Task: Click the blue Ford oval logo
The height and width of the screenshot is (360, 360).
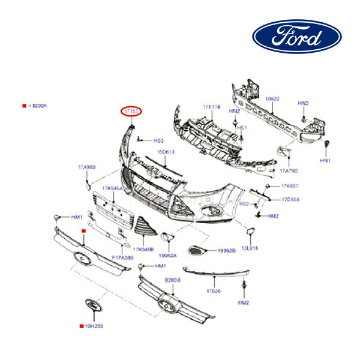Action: pyautogui.click(x=297, y=37)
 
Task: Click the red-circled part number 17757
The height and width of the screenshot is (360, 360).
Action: pyautogui.click(x=131, y=112)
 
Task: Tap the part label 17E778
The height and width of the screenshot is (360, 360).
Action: pyautogui.click(x=212, y=107)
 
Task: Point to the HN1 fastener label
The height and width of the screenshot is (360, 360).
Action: pyautogui.click(x=325, y=161)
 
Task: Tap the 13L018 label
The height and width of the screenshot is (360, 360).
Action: pyautogui.click(x=250, y=247)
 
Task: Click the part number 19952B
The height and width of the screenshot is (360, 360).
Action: pyautogui.click(x=226, y=250)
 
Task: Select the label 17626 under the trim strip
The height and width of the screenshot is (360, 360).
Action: pyautogui.click(x=214, y=291)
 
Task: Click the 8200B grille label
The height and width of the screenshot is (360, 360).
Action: pyautogui.click(x=173, y=280)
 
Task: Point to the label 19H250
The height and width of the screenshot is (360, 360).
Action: pyautogui.click(x=94, y=327)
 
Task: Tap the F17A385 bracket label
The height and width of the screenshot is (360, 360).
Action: pyautogui.click(x=122, y=256)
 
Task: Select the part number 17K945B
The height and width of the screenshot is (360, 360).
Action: pyautogui.click(x=144, y=248)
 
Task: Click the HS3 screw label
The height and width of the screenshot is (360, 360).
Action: pyautogui.click(x=158, y=140)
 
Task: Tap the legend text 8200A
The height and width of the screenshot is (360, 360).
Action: pyautogui.click(x=37, y=106)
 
